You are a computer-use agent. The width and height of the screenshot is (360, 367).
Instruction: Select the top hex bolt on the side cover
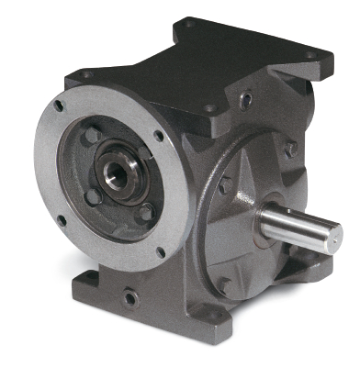289,149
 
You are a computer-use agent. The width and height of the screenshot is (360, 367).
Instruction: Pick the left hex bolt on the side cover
226,185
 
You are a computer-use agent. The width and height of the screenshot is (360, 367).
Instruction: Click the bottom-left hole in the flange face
61,220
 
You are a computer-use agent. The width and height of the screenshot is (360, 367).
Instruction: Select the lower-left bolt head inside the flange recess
93,195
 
